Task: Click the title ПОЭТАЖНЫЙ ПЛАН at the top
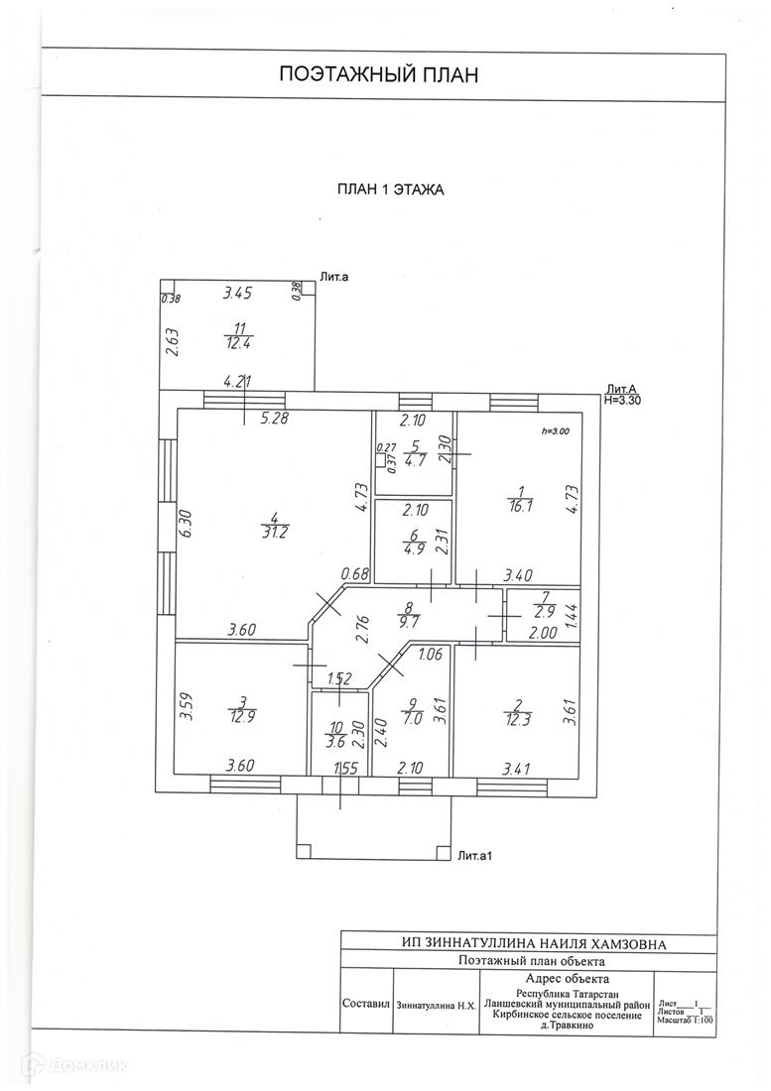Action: coord(379,74)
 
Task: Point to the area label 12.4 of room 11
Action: coord(237,343)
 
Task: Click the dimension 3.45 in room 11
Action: coord(239,293)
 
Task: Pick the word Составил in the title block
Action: coord(365,1004)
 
